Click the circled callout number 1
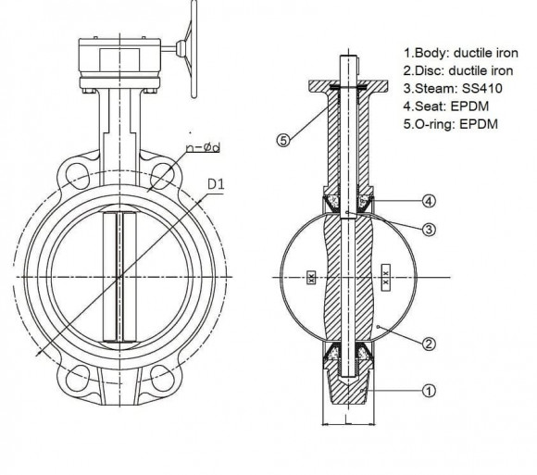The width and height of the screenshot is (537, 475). [x=429, y=391]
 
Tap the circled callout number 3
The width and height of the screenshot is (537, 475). [x=429, y=229]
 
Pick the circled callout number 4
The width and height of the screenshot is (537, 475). [x=429, y=200]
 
